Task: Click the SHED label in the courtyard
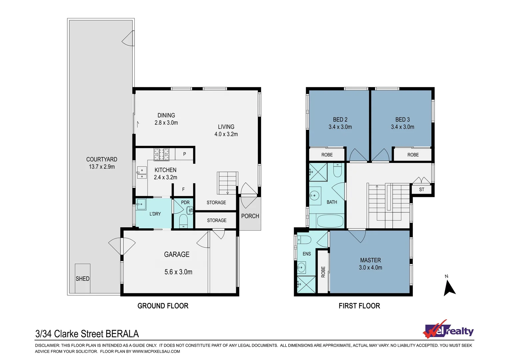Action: pyautogui.click(x=83, y=279)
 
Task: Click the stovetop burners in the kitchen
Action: pyautogui.click(x=161, y=154)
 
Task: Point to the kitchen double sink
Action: pyautogui.click(x=142, y=173)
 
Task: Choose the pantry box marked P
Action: pyautogui.click(x=185, y=154)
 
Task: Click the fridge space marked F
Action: pyautogui.click(x=183, y=189)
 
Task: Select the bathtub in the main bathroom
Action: pyautogui.click(x=330, y=221)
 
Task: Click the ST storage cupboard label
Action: pyautogui.click(x=422, y=189)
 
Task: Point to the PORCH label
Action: pyautogui.click(x=250, y=216)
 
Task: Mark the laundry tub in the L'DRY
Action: pyautogui.click(x=141, y=204)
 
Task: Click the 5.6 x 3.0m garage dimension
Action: pyautogui.click(x=178, y=272)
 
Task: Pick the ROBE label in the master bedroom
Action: pyautogui.click(x=323, y=272)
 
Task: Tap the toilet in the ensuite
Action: pyautogui.click(x=304, y=240)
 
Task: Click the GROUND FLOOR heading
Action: pyautogui.click(x=163, y=306)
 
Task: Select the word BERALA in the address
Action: pyautogui.click(x=122, y=334)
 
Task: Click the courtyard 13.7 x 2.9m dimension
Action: pyautogui.click(x=102, y=167)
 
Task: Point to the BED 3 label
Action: pyautogui.click(x=402, y=120)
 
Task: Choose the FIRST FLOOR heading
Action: pyautogui.click(x=359, y=306)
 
